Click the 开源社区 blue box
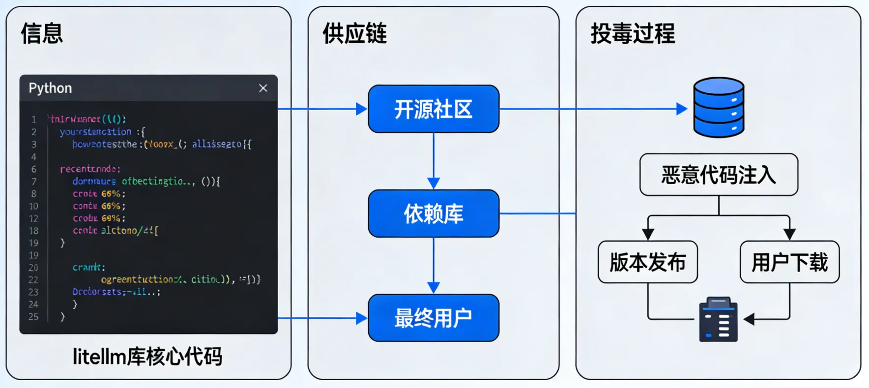[434, 109]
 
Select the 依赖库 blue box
[434, 214]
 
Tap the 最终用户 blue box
[434, 318]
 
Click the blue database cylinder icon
[719, 108]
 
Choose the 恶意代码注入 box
[719, 175]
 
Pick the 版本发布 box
[647, 262]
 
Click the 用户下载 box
[789, 262]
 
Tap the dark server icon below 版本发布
[718, 320]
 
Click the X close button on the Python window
[263, 88]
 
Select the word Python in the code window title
[50, 88]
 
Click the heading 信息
[42, 33]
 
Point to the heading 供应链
[354, 33]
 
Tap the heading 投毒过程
[633, 33]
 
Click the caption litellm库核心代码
[147, 357]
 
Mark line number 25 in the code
[33, 317]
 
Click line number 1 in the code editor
[34, 119]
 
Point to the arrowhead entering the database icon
[682, 109]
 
